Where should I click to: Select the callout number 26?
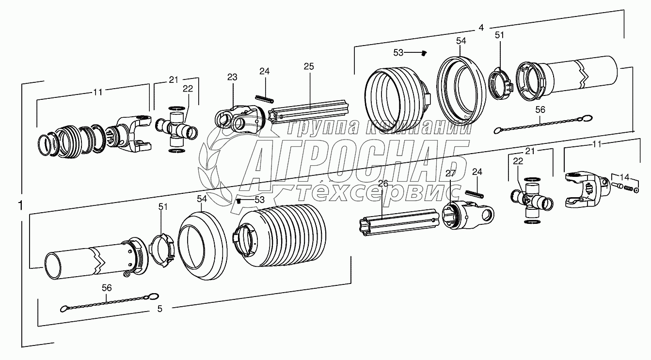pos(383,184)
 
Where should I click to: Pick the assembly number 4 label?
pos(480,28)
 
